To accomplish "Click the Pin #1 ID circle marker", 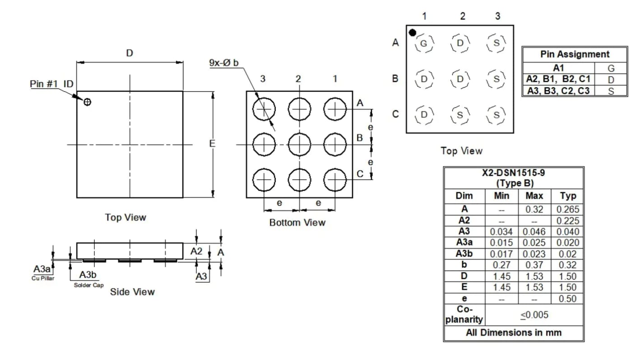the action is click(x=87, y=102).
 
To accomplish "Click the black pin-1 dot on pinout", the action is click(x=412, y=33).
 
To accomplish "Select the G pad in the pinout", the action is click(x=424, y=43).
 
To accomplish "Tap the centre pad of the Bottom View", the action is click(x=299, y=144).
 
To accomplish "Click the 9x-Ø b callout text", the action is click(x=224, y=63).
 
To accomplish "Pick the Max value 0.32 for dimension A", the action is click(x=534, y=209).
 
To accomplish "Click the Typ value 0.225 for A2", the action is click(x=568, y=221).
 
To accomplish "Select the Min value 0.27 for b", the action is click(x=502, y=265).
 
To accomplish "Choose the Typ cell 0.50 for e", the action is click(x=567, y=299).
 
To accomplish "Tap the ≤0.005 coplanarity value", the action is click(x=534, y=315).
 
